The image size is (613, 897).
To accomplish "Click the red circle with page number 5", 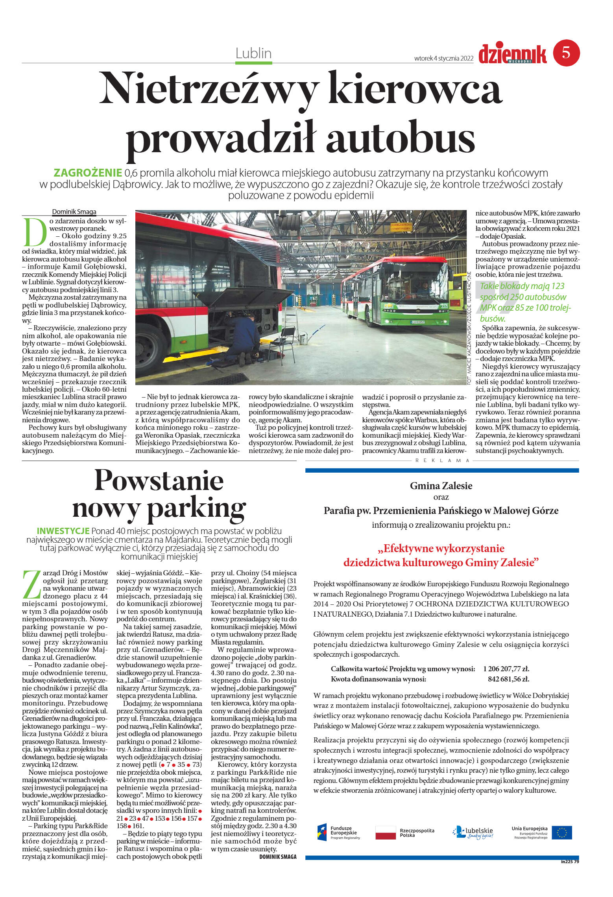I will [x=566, y=53].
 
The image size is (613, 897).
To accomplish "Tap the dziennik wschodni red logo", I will [x=512, y=54].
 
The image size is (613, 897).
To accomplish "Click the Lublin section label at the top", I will [x=253, y=53].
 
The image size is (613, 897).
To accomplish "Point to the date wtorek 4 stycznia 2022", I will [x=443, y=58].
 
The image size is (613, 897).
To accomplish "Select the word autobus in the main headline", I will [x=400, y=137].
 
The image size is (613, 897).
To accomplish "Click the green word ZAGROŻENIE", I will [x=87, y=173].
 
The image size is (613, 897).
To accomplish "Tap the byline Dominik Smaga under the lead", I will [x=74, y=212].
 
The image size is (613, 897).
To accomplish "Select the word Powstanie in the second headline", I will [x=159, y=480].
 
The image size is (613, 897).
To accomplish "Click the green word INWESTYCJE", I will [x=63, y=530].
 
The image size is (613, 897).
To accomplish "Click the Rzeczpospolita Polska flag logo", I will [x=385, y=833].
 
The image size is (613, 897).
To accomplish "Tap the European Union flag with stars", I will [x=561, y=833].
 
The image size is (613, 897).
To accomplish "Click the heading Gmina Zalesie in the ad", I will [x=441, y=486].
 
